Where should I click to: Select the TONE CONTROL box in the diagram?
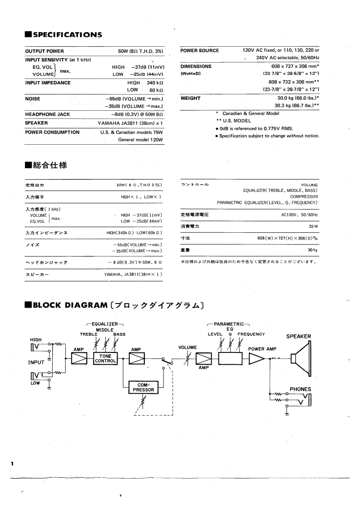(x=105, y=359)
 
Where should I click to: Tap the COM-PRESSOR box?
(x=143, y=387)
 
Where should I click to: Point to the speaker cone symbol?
(x=301, y=358)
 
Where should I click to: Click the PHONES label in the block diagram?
(x=301, y=389)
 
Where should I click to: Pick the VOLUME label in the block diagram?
(x=187, y=347)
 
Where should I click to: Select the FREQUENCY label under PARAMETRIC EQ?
(x=251, y=334)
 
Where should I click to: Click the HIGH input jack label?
(x=36, y=339)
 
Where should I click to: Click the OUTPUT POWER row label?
(x=44, y=51)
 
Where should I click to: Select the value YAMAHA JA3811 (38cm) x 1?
(x=130, y=123)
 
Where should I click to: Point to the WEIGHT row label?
(x=190, y=98)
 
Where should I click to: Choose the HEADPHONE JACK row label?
(x=48, y=114)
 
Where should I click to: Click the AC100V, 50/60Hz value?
(x=300, y=215)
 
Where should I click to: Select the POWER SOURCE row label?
(x=199, y=50)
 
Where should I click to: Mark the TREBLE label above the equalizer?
(x=89, y=334)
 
